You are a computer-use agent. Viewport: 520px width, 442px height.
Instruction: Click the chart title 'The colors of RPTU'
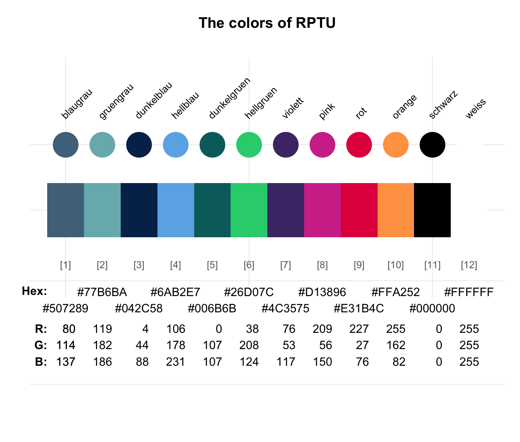point(267,23)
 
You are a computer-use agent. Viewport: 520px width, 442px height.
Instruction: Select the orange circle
point(396,145)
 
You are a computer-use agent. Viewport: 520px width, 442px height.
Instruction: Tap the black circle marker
point(433,145)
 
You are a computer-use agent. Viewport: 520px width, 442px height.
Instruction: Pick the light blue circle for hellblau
point(176,145)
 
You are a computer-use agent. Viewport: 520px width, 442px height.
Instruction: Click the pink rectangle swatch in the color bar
point(322,210)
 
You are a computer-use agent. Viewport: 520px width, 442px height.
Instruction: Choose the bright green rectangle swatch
point(249,210)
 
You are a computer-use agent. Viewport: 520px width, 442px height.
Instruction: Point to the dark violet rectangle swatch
point(286,210)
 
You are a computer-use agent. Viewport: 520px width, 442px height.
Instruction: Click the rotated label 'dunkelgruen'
point(229,98)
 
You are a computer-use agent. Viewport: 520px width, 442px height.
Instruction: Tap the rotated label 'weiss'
point(476,109)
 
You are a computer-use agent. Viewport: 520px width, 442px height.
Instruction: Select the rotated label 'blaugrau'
point(77,104)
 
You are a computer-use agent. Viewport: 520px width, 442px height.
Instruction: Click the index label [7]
point(286,265)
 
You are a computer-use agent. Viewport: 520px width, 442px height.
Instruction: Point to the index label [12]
point(469,265)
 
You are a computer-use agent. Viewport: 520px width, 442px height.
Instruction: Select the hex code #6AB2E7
point(175,292)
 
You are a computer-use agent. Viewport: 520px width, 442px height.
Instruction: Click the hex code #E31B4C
point(359,308)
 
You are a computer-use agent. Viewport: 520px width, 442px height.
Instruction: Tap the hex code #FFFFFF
point(469,292)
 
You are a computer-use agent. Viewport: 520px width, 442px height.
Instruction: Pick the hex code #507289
point(65,308)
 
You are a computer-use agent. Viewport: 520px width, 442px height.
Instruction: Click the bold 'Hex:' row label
point(34,291)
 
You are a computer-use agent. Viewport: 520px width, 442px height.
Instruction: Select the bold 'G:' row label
point(41,345)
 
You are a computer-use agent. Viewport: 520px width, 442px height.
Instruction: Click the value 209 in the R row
point(322,329)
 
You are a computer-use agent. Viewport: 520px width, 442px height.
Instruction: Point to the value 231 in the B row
point(176,362)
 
